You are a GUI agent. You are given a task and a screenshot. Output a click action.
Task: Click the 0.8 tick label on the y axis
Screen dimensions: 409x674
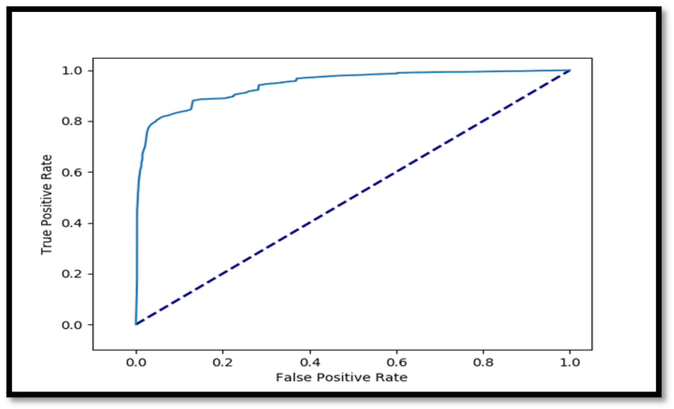[72, 121]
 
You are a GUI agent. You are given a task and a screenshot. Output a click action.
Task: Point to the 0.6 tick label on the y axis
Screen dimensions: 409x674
[72, 172]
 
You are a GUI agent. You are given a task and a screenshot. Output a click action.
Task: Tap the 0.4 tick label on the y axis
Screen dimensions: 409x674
[72, 223]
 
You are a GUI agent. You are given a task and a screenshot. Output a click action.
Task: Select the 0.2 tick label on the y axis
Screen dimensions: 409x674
[72, 274]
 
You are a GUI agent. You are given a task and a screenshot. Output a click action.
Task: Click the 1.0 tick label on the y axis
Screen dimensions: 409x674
[72, 71]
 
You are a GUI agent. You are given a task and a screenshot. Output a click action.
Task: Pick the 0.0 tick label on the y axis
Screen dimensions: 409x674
[72, 325]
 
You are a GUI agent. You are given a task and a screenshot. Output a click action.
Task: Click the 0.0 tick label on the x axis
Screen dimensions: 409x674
[136, 362]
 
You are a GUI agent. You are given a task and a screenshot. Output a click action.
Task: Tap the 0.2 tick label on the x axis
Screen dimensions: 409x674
[223, 362]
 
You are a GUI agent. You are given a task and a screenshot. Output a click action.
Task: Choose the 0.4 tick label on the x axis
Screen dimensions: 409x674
[310, 362]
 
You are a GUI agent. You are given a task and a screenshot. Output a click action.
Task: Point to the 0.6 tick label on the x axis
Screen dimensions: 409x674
[397, 362]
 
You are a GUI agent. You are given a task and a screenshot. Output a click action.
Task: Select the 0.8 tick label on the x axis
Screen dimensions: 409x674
[483, 362]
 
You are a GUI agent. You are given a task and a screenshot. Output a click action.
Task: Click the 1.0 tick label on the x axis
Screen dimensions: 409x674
[570, 362]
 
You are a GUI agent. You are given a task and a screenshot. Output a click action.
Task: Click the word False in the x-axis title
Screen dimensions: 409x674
[294, 377]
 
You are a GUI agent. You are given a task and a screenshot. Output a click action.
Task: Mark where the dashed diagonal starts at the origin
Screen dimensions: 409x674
[136, 324]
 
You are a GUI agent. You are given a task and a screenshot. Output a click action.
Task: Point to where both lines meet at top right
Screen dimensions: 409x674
[570, 71]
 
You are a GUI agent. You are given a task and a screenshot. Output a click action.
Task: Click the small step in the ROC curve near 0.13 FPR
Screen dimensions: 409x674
[192, 104]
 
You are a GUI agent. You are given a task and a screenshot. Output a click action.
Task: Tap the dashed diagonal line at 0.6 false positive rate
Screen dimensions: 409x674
[397, 172]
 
